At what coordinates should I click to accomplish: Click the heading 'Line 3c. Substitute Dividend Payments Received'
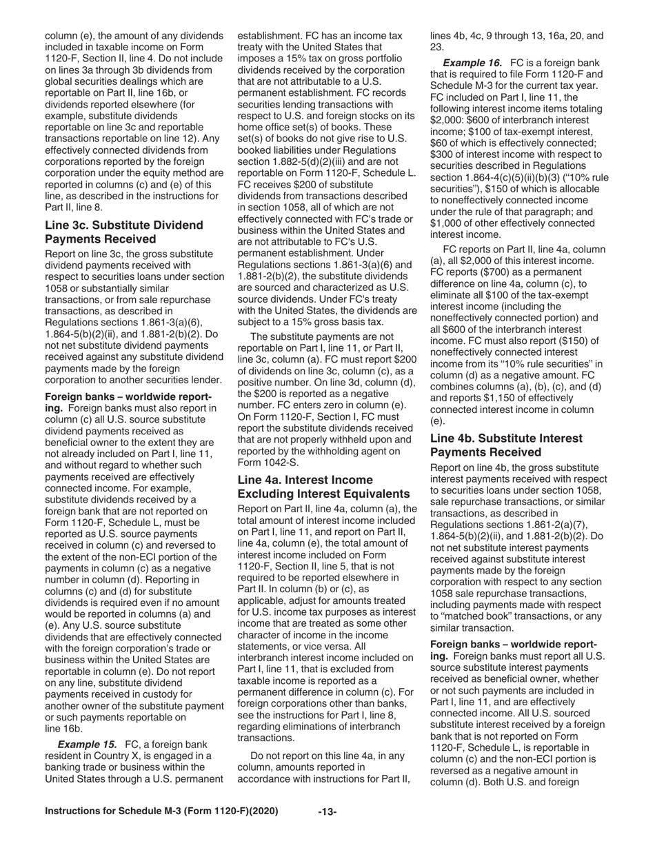pos(124,232)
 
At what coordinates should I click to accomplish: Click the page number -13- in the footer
pos(327,811)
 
